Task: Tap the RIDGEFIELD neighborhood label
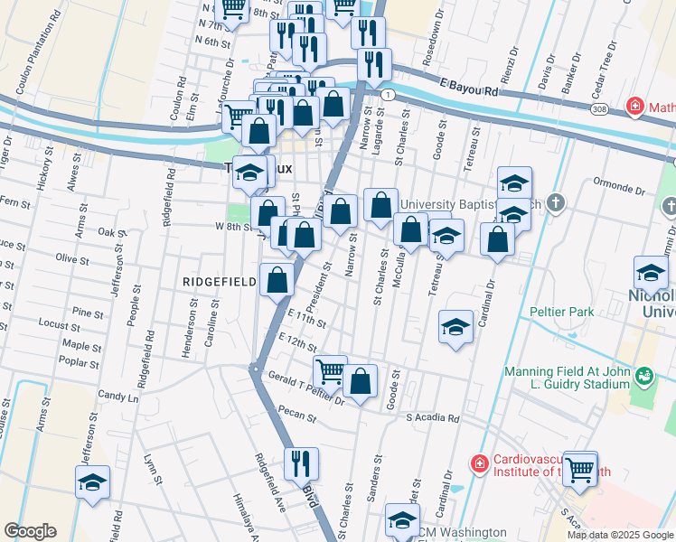pyautogui.click(x=221, y=282)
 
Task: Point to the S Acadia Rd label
pyautogui.click(x=433, y=418)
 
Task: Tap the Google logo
pyautogui.click(x=31, y=531)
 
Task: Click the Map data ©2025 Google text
pyautogui.click(x=619, y=535)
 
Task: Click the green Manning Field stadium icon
pyautogui.click(x=643, y=374)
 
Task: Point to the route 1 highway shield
pyautogui.click(x=387, y=95)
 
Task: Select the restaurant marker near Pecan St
pyautogui.click(x=302, y=463)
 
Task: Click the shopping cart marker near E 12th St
pyautogui.click(x=330, y=370)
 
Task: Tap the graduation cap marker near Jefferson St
pyautogui.click(x=92, y=483)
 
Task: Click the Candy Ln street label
pyautogui.click(x=118, y=397)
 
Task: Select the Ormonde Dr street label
pyautogui.click(x=615, y=192)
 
